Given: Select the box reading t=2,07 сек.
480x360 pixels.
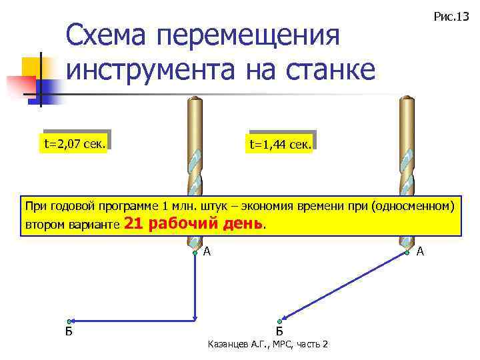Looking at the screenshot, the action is coord(74,143).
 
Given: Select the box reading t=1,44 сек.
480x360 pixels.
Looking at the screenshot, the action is coord(280,144).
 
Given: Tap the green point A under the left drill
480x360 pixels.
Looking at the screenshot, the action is coord(194,253).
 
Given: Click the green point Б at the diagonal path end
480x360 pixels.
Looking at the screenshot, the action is coord(280,321).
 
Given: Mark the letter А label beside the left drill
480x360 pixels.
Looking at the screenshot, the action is coord(207,251).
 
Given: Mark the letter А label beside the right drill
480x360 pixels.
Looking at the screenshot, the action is coord(419,251).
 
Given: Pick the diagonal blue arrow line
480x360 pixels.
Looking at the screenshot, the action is coord(343,287).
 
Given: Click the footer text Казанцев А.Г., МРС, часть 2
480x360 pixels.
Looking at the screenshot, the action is coord(268,344).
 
